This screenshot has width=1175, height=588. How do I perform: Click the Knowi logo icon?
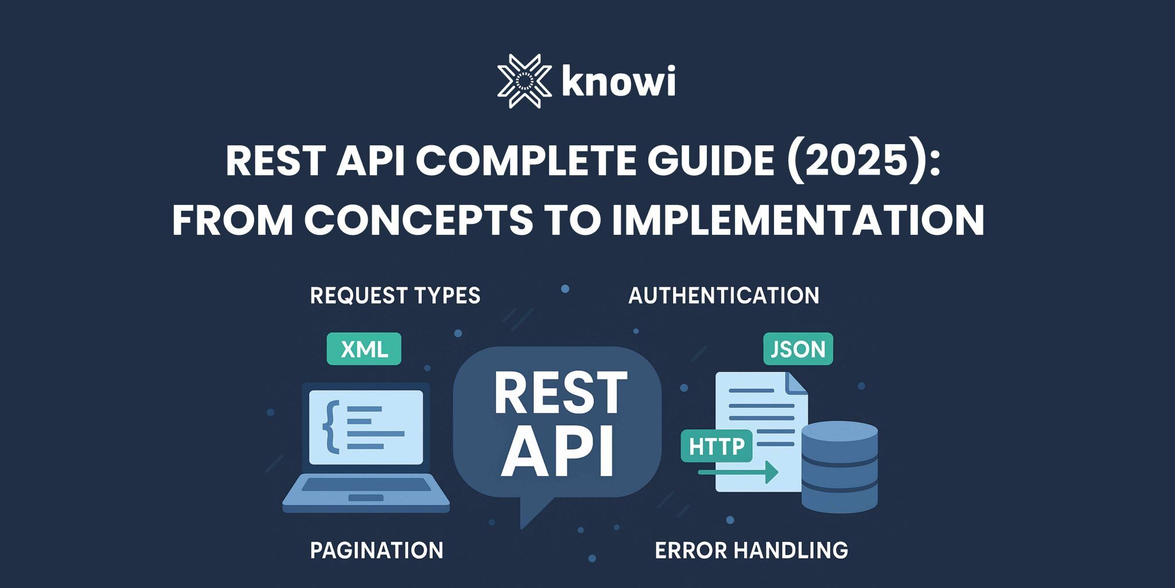[524, 82]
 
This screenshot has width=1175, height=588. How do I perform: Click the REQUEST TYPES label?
[395, 296]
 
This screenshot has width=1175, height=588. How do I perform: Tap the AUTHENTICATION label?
[723, 296]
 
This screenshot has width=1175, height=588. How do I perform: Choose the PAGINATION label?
[376, 550]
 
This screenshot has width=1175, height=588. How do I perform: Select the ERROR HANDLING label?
[751, 550]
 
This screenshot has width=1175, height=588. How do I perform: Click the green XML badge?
[364, 349]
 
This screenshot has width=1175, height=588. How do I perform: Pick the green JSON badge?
[797, 349]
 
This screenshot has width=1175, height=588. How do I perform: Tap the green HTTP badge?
[716, 446]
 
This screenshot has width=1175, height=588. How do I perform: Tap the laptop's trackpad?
[366, 497]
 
